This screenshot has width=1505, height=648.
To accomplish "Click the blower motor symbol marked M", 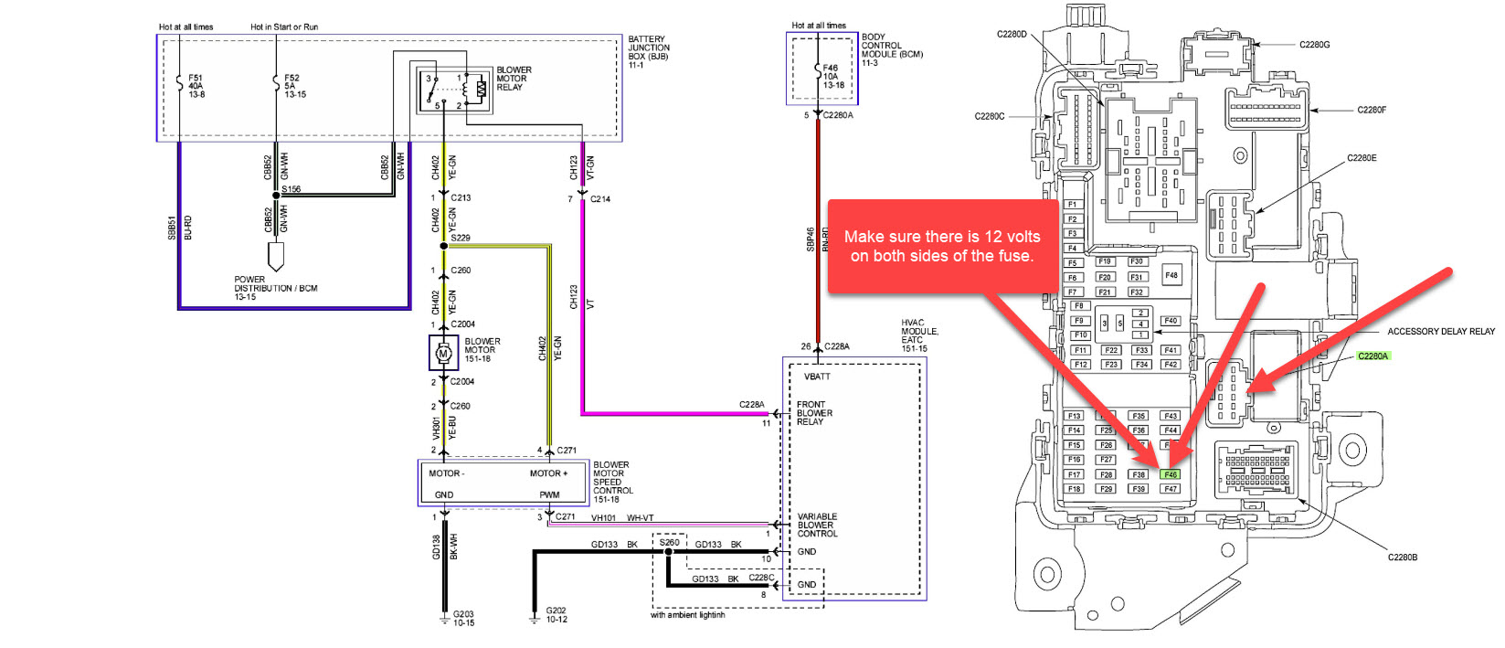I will point(444,353).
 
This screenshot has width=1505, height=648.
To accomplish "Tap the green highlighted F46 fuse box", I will point(1171,474).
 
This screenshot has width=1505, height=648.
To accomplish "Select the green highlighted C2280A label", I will point(1372,356).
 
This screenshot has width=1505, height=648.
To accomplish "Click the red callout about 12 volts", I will point(942,246).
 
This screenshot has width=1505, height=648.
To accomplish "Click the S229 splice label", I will point(461,238).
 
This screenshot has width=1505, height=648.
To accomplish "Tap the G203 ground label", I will point(463,618).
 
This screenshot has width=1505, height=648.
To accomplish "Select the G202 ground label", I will point(556,614).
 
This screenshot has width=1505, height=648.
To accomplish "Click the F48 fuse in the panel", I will point(1171,274).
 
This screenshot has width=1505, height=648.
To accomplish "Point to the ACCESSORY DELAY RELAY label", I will point(1441,332).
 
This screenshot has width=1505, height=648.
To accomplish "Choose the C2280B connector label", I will point(1403,557).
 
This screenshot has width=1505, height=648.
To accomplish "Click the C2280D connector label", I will point(1012,35).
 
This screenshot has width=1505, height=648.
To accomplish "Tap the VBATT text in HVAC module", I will point(817,377).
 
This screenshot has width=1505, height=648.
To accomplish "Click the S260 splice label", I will point(670,542).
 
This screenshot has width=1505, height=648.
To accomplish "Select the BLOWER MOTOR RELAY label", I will point(514,79).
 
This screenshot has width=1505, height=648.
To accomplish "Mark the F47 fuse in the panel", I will point(1171,489).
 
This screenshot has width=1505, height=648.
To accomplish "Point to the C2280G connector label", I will point(1314,44).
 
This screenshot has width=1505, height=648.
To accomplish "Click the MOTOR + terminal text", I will point(548,473).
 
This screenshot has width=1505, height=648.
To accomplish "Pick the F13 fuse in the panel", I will point(1075,416).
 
